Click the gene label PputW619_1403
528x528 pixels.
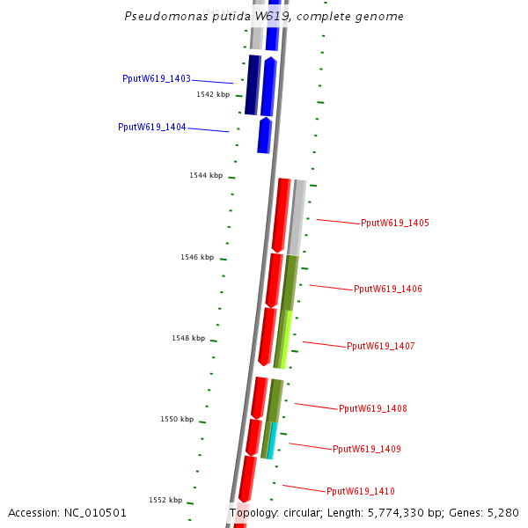(157, 79)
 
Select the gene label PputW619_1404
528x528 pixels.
(152, 128)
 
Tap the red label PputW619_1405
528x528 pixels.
(395, 224)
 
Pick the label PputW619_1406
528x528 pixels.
(388, 290)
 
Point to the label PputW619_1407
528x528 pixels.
(381, 347)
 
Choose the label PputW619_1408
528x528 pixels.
(373, 409)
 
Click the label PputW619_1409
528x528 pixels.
(367, 450)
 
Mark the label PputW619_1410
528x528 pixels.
(361, 491)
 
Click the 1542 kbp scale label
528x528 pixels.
(213, 94)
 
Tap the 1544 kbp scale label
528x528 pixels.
(206, 176)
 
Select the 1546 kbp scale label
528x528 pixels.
(197, 258)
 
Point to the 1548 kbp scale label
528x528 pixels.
(188, 339)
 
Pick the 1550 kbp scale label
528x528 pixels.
(177, 420)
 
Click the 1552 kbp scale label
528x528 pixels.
(165, 501)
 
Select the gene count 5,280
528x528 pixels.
(503, 513)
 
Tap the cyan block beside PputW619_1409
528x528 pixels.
(272, 440)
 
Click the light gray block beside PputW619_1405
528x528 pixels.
(297, 216)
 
